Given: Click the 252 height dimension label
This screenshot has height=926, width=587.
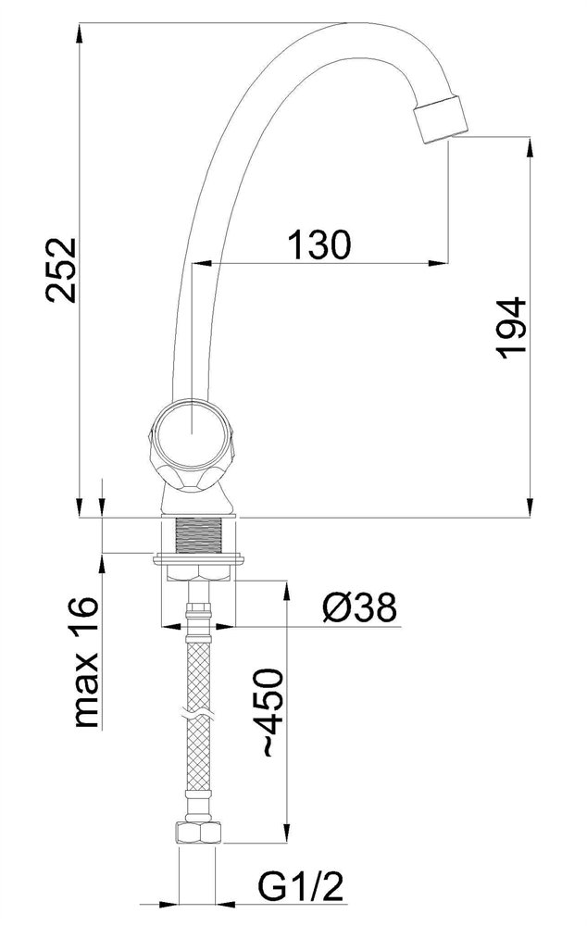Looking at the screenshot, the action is pos(62,269).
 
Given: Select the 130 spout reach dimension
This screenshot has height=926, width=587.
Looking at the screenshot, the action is pos(319,244).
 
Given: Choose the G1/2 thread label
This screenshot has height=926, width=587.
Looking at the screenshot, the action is pos(301,886).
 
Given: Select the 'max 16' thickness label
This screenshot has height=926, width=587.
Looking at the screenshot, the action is pos(86,661).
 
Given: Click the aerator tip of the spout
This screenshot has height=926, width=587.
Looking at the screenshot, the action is pos(441,119).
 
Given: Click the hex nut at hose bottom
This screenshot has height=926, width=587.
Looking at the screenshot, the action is pos(198,832).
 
